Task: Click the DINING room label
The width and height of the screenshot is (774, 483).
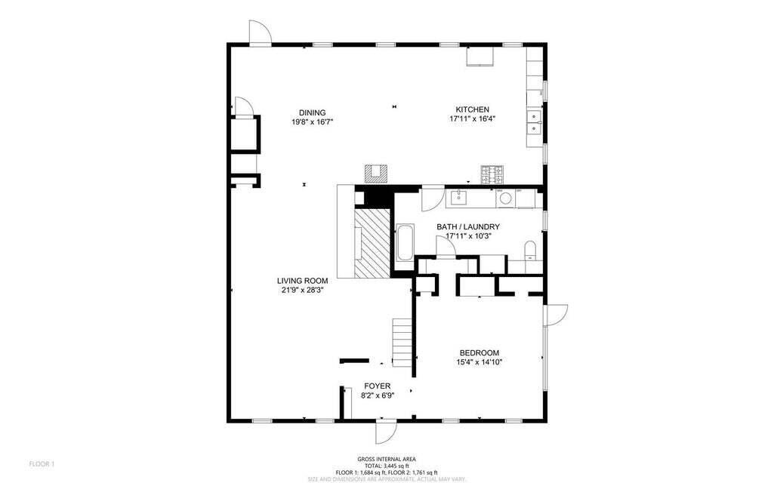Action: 312,112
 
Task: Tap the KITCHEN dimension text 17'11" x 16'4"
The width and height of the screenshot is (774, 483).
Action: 472,118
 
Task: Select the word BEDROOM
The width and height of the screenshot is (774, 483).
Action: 480,352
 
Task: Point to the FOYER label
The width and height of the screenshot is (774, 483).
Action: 377,386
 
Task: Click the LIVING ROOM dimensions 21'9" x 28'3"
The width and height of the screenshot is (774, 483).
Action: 301,290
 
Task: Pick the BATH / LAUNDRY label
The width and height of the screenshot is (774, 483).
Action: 468,226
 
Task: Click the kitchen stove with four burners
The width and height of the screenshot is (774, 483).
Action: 492,175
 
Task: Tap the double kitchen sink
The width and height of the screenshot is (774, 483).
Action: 534,122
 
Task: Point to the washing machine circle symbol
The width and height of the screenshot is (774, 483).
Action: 504,198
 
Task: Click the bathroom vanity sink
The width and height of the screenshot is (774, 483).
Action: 459,199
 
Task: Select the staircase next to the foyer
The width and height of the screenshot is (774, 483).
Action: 402,343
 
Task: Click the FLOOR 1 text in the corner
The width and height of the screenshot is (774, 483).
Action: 42,463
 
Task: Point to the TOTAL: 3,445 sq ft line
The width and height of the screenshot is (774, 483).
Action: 387,466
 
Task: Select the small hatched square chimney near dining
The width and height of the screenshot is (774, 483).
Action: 375,173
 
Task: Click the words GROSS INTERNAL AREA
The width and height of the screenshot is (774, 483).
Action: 387,460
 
